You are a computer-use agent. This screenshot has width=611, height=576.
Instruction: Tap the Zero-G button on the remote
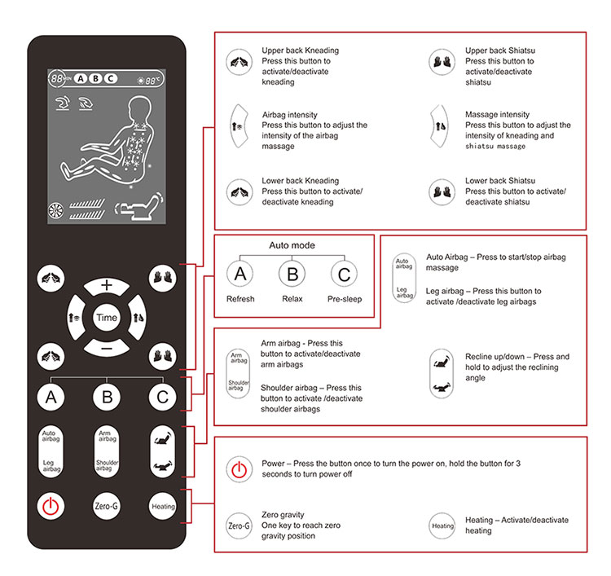pyautogui.click(x=107, y=506)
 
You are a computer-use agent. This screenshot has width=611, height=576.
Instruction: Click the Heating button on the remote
pyautogui.click(x=163, y=506)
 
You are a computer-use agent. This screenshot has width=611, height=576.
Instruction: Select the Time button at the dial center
pyautogui.click(x=107, y=318)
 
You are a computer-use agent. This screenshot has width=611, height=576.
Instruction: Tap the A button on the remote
pyautogui.click(x=51, y=397)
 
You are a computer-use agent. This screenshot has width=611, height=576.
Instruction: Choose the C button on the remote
pyautogui.click(x=162, y=397)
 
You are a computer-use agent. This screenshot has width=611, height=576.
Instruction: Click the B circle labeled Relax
pyautogui.click(x=292, y=274)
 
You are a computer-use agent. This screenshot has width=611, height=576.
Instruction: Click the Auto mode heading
pyautogui.click(x=292, y=245)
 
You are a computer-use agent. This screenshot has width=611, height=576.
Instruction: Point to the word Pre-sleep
pyautogui.click(x=345, y=299)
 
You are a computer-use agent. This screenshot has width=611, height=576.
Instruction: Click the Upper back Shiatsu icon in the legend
pyautogui.click(x=442, y=62)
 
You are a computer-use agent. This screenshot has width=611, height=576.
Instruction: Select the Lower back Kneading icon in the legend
pyautogui.click(x=240, y=192)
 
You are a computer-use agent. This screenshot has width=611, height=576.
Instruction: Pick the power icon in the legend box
pyautogui.click(x=240, y=468)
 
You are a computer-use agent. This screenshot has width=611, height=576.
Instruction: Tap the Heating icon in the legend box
pyautogui.click(x=442, y=525)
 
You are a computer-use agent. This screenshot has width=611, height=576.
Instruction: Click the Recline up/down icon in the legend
pyautogui.click(x=442, y=373)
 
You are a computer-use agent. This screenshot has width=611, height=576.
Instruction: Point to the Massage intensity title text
pyautogui.click(x=497, y=115)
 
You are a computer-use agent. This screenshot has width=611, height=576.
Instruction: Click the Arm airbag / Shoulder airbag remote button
pyautogui.click(x=107, y=451)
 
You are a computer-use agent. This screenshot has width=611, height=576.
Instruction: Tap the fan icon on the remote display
pyautogui.click(x=55, y=210)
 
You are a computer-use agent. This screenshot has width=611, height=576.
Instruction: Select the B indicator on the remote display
pyautogui.click(x=95, y=79)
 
